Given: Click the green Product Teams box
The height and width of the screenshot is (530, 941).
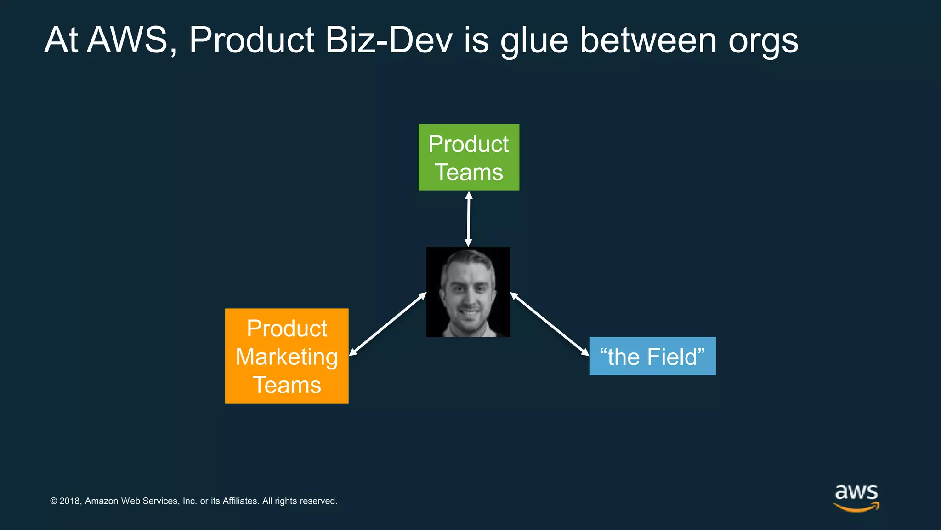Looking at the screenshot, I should (469, 157).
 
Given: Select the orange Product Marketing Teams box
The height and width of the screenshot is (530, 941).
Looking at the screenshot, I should (287, 356).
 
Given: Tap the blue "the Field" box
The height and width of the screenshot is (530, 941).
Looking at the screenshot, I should (652, 356).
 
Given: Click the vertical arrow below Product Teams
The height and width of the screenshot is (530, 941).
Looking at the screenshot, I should (468, 219).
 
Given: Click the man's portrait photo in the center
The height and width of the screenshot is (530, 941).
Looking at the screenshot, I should (468, 292).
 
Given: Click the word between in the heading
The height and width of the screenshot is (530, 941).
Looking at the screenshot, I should (648, 40).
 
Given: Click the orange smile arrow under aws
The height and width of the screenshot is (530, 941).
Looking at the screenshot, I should (856, 507).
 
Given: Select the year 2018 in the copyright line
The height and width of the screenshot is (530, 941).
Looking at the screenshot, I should (70, 501).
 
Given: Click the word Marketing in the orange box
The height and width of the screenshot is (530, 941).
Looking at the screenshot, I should (287, 357).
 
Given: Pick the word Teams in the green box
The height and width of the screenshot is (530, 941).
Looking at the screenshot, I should (469, 173).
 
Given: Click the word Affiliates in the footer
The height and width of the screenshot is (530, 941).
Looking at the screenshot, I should (240, 501).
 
